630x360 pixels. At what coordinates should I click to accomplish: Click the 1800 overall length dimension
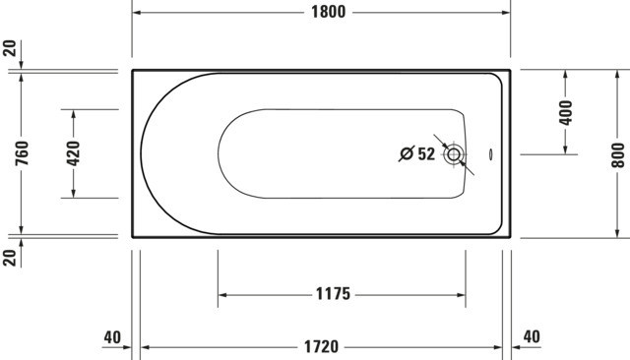328,12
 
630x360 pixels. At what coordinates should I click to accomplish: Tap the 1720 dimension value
322,347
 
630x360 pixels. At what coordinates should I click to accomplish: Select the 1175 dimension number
333,294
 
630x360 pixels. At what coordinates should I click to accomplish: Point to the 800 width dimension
619,154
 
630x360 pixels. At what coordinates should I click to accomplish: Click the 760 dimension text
22,152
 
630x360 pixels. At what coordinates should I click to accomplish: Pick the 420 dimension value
74,153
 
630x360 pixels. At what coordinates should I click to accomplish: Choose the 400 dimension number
566,113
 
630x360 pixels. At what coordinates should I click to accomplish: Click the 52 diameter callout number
426,153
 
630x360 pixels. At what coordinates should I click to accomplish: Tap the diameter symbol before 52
407,153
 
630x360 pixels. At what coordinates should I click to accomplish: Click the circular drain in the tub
454,154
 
